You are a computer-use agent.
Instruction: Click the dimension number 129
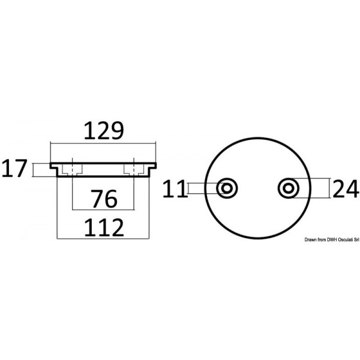[x=104, y=131]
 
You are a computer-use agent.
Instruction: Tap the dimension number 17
[x=14, y=168]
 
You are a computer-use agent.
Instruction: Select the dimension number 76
[x=104, y=199]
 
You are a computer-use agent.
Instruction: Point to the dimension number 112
[x=104, y=227]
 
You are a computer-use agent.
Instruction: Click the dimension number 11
[x=174, y=189]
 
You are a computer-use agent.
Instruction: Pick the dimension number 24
[x=346, y=189]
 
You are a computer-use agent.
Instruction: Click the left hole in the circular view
[x=227, y=188]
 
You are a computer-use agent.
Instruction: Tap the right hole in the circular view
[x=289, y=188]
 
